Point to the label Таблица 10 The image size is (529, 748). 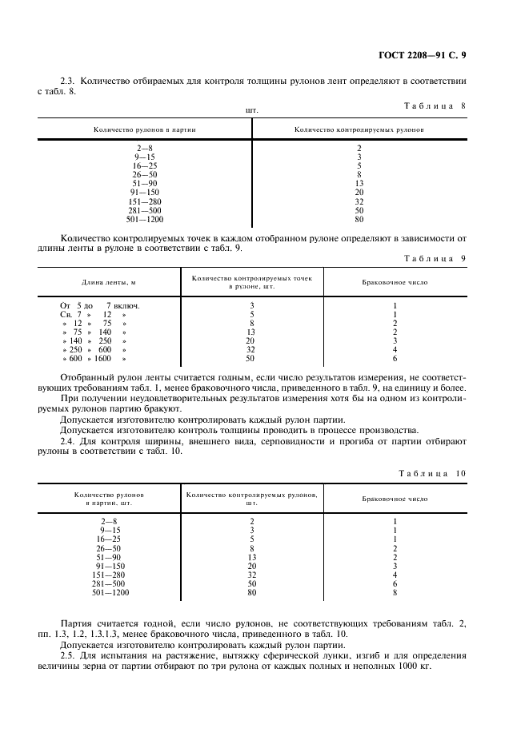[x=431, y=473]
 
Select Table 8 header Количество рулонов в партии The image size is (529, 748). [x=144, y=128]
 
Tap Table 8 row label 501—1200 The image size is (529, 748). [x=144, y=219]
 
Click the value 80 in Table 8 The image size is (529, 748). [x=359, y=219]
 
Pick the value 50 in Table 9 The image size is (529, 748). [x=251, y=359]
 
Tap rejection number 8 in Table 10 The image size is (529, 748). [x=395, y=592]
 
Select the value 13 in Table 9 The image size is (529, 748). [x=251, y=332]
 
